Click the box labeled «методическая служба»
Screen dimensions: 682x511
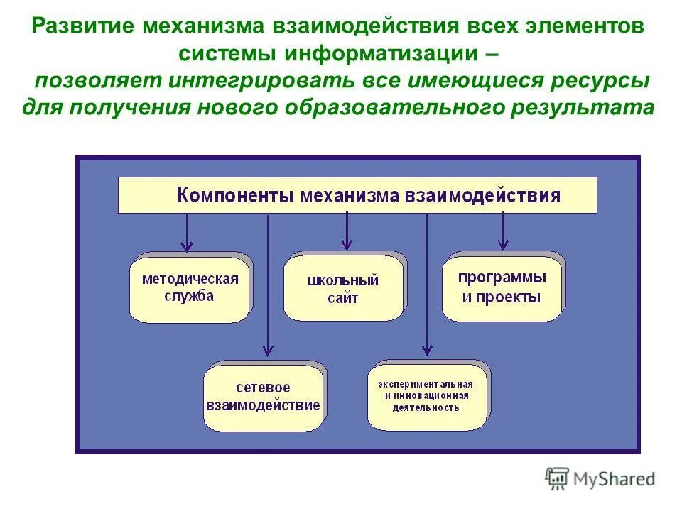point(190,288)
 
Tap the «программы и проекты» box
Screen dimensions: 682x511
point(502,287)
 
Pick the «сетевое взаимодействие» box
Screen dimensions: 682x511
point(263,397)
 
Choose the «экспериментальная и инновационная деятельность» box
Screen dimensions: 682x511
point(428,396)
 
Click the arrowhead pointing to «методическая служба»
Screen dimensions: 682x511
point(187,246)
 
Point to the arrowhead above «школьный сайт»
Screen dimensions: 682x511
point(347,244)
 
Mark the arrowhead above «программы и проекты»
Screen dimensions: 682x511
point(503,244)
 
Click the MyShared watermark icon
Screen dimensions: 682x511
point(558,478)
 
